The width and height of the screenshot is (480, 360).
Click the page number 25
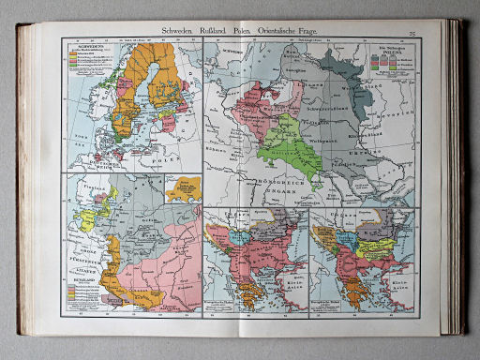(x=412, y=32)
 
